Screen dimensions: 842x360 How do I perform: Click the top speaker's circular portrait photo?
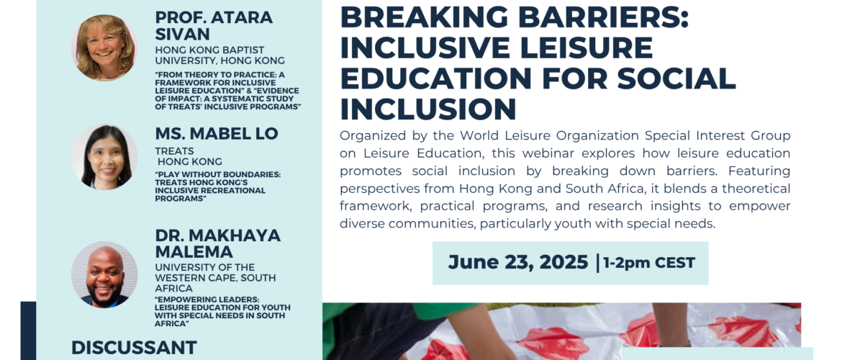click(x=104, y=48)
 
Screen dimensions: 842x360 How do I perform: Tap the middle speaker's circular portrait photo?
click(x=104, y=157)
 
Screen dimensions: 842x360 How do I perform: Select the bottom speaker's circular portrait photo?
click(x=104, y=274)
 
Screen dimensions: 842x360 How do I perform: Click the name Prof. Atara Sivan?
click(x=214, y=25)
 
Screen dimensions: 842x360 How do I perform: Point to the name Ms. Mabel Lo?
click(x=217, y=133)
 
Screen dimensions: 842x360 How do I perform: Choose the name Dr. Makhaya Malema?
click(x=217, y=243)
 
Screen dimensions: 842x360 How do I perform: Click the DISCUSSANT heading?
click(x=135, y=347)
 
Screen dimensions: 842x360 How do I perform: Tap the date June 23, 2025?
click(x=518, y=262)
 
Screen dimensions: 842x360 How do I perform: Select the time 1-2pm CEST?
click(x=649, y=263)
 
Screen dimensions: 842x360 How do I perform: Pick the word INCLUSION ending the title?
click(x=428, y=109)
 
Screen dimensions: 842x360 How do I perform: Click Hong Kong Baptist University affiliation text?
click(x=219, y=55)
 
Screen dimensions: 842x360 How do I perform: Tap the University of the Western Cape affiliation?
click(x=215, y=277)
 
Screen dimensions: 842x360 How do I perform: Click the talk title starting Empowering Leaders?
click(x=222, y=311)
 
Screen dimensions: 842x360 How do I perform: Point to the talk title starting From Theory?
click(x=227, y=91)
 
